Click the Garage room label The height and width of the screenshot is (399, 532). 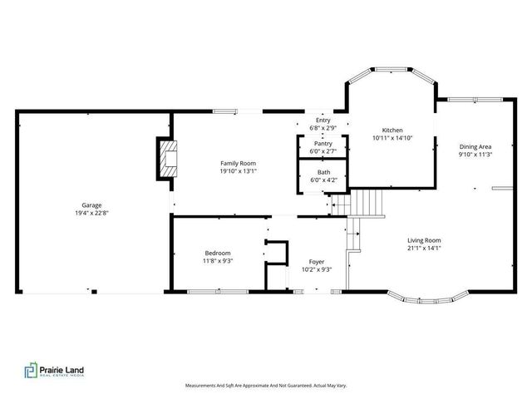(x=91, y=204)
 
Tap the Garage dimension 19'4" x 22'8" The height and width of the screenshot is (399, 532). (x=91, y=213)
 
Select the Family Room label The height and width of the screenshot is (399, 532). (x=238, y=163)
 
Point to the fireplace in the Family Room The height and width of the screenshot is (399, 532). (x=168, y=159)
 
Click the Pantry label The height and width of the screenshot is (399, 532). (x=323, y=143)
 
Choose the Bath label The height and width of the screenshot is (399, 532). (x=323, y=171)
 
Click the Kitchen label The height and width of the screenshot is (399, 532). (x=392, y=131)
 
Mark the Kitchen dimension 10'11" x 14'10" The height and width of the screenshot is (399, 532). (x=392, y=139)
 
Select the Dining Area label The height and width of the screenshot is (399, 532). (x=475, y=146)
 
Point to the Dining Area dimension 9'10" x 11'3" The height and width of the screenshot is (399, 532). (x=475, y=155)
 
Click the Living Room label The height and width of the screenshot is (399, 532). (x=424, y=239)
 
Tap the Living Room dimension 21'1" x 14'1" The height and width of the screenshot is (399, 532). (x=424, y=248)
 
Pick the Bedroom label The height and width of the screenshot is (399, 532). (x=219, y=253)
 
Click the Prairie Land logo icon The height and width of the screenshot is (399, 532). (x=31, y=370)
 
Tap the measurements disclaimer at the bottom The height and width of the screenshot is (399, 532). (x=266, y=386)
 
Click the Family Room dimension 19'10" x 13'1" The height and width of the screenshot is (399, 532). (x=238, y=171)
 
